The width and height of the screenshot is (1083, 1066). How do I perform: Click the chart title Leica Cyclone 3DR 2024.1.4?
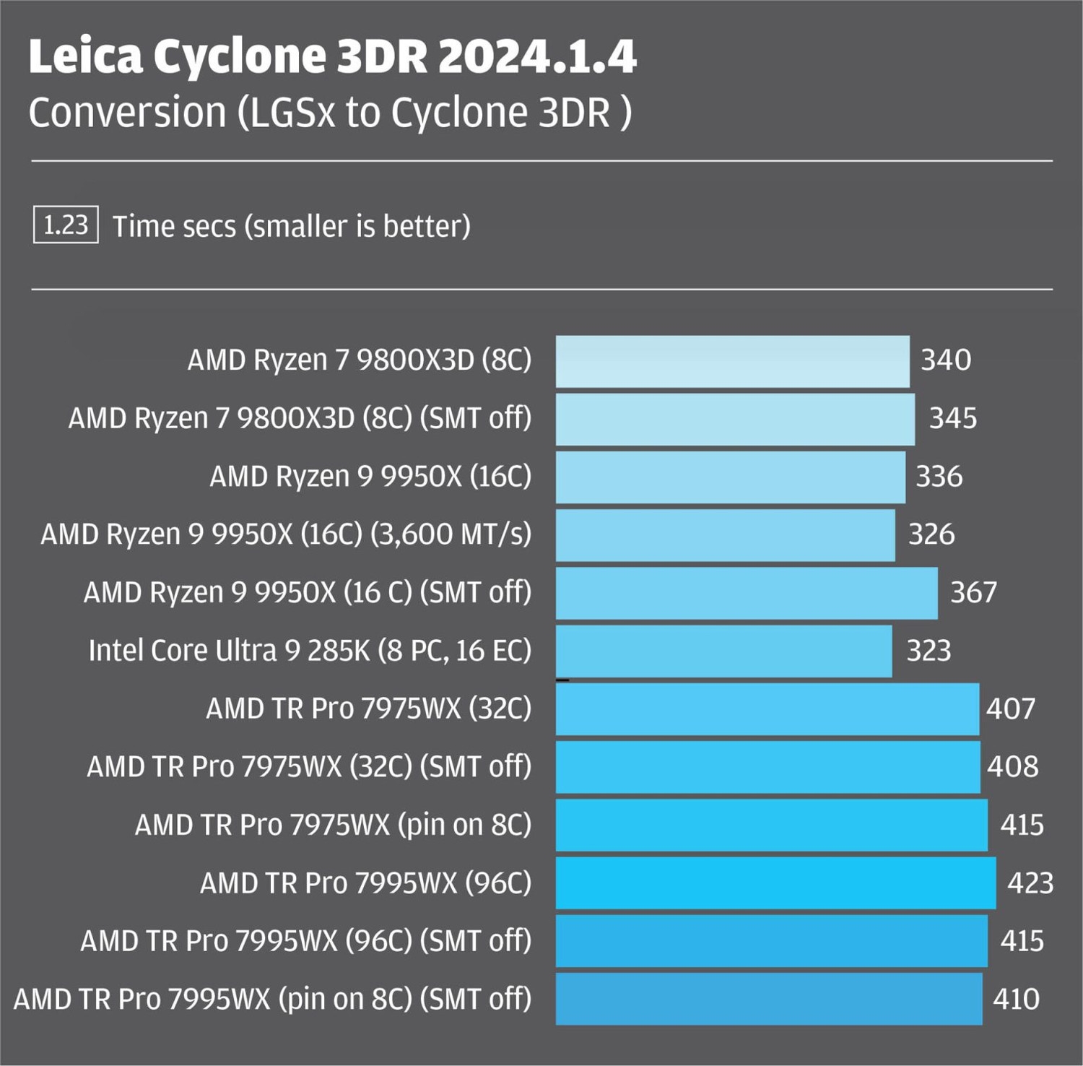(x=332, y=56)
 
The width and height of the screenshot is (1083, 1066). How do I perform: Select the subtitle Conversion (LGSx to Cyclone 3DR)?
(x=330, y=113)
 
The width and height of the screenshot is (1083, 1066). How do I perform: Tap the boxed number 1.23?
(x=66, y=225)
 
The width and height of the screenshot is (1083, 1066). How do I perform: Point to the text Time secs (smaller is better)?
(x=291, y=226)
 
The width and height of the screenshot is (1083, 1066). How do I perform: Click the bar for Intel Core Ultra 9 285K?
(x=723, y=651)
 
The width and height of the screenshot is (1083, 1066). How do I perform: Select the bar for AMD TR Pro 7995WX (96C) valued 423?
(x=775, y=883)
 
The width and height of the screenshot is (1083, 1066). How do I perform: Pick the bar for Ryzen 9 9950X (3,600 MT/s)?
(x=725, y=535)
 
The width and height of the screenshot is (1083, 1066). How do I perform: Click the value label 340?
(x=945, y=360)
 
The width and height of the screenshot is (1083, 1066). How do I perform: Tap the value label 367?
(x=973, y=592)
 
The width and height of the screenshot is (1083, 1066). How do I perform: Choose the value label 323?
(x=928, y=651)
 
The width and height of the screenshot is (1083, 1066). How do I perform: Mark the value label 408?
(x=1012, y=766)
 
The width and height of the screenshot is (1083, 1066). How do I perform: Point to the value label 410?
(x=1016, y=999)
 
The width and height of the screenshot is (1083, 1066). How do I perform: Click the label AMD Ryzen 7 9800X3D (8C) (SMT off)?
(x=300, y=418)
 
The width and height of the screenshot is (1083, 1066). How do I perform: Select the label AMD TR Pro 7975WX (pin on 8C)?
(x=333, y=825)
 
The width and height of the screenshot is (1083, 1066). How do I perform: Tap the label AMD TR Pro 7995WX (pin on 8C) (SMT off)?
(x=272, y=999)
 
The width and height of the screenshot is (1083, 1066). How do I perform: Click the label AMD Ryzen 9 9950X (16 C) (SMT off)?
(x=308, y=592)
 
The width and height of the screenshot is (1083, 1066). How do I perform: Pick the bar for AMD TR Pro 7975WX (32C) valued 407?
(x=767, y=709)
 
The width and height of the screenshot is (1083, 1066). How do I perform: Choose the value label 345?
(x=952, y=418)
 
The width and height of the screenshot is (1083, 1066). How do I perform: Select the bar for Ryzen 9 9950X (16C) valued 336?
(x=730, y=477)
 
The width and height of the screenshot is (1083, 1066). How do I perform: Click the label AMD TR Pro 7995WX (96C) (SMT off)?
(x=305, y=941)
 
